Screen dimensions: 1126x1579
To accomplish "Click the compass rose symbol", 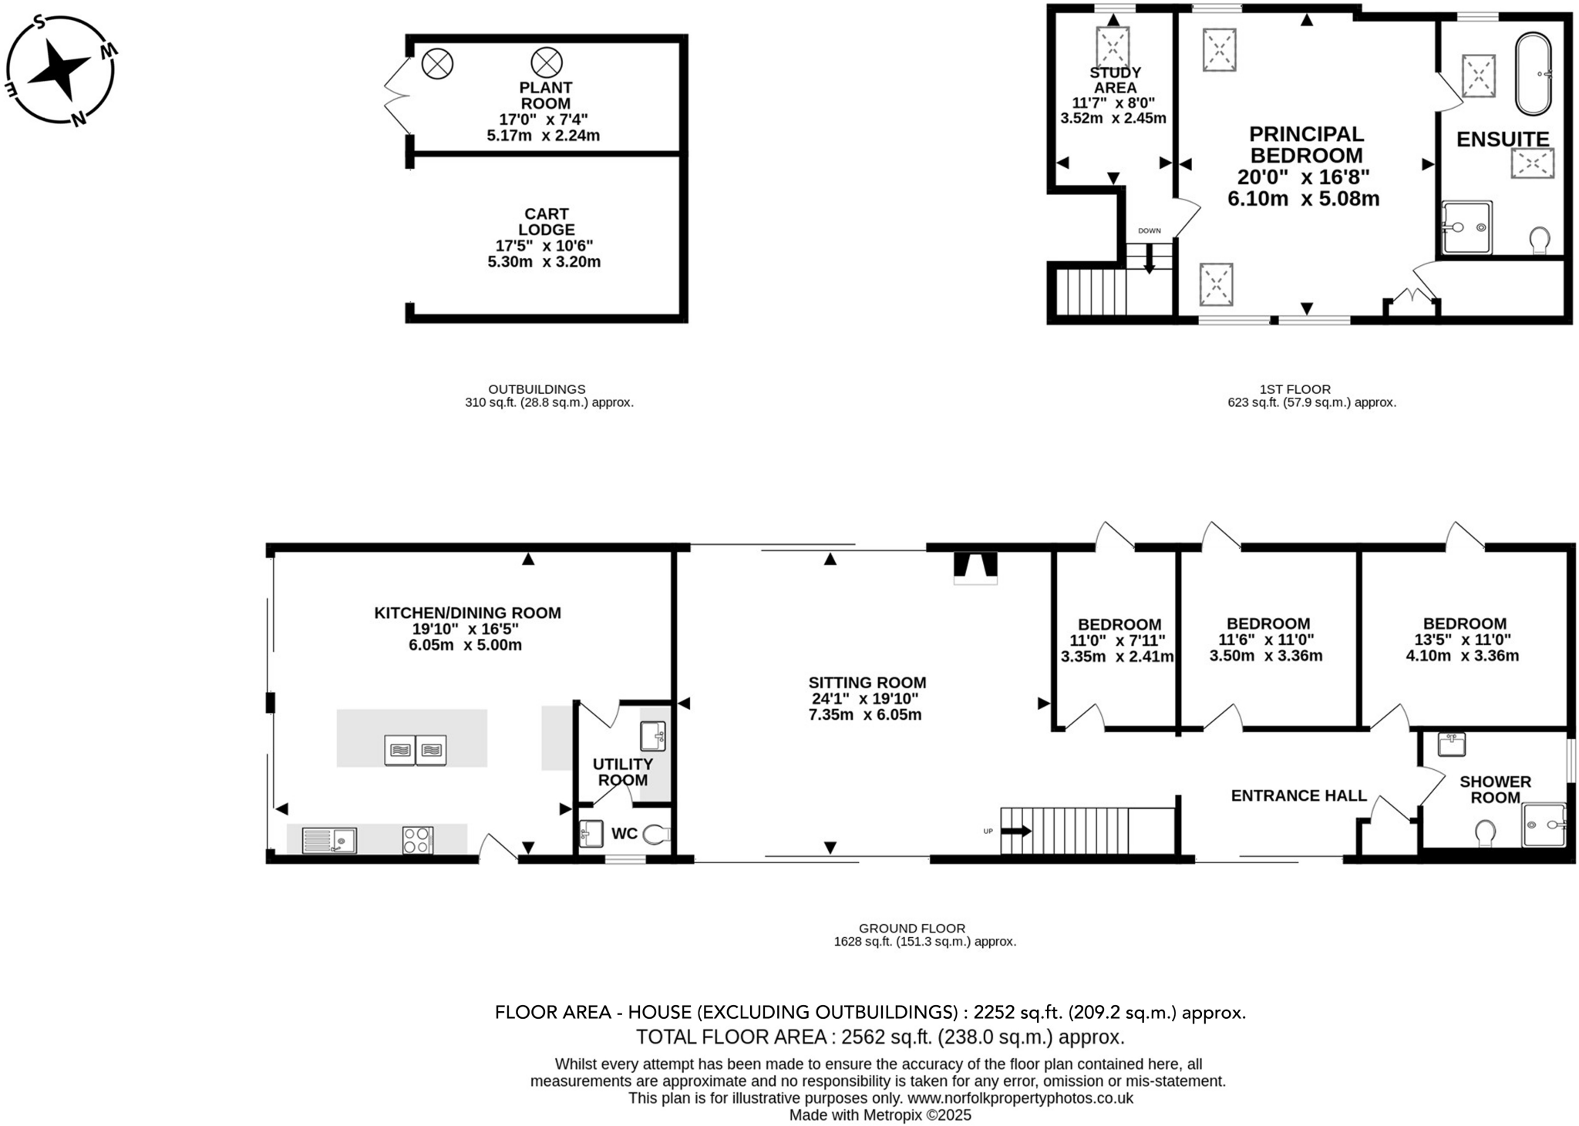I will pyautogui.click(x=60, y=69).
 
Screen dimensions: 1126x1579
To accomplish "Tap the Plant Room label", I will pyautogui.click(x=545, y=96).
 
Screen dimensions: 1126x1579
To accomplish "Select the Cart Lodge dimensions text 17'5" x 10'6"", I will pyautogui.click(x=544, y=246).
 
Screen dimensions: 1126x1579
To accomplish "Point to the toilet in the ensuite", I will pyautogui.click(x=1540, y=240).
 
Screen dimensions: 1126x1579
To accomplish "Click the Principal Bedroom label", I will pyautogui.click(x=1305, y=144).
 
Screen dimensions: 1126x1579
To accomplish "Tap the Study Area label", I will pyautogui.click(x=1115, y=80).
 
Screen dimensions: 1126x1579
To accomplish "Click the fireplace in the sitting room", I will pyautogui.click(x=975, y=566).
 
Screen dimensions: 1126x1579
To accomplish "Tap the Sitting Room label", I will pyautogui.click(x=867, y=683).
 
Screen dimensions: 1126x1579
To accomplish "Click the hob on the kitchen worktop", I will pyautogui.click(x=418, y=839).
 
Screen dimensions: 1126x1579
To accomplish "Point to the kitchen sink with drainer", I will pyautogui.click(x=329, y=839).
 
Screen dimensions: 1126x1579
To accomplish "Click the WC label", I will pyautogui.click(x=624, y=834).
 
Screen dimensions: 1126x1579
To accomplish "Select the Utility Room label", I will pyautogui.click(x=622, y=771).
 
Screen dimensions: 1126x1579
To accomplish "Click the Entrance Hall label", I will pyautogui.click(x=1298, y=795).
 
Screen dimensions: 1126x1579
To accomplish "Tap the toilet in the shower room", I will pyautogui.click(x=1485, y=833).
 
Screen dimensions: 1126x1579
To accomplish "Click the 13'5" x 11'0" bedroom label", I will pyautogui.click(x=1464, y=624).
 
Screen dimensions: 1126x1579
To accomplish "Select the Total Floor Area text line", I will pyautogui.click(x=879, y=1037).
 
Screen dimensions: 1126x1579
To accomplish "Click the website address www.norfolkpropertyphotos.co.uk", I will pyautogui.click(x=1020, y=1098).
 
